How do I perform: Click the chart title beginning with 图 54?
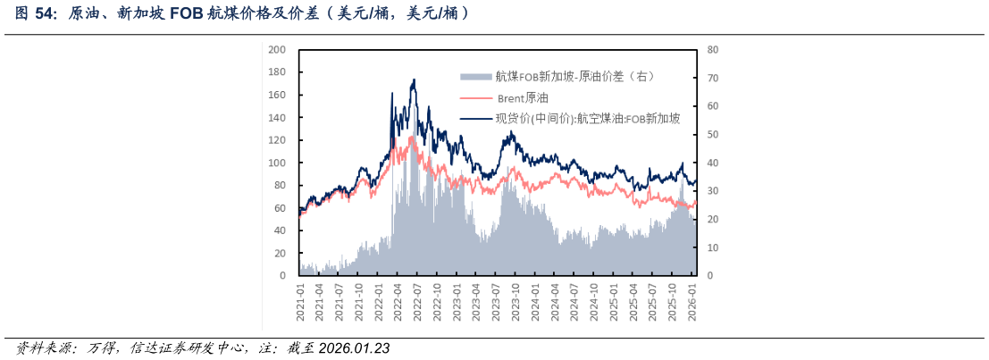coord(241,13)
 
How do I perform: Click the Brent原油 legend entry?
coord(523,97)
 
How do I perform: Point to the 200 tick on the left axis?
coord(277,49)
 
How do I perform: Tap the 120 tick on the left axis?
coord(277,140)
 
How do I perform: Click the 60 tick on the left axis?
coord(280,208)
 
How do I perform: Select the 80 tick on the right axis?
coord(712,49)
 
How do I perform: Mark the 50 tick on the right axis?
coord(712,134)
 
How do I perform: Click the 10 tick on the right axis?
coord(712,247)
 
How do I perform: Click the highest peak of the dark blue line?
coord(414,80)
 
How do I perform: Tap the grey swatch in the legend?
coord(475,76)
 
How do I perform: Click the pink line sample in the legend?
coord(475,97)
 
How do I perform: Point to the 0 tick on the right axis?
coord(709,276)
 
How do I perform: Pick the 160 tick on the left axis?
coord(277,95)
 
